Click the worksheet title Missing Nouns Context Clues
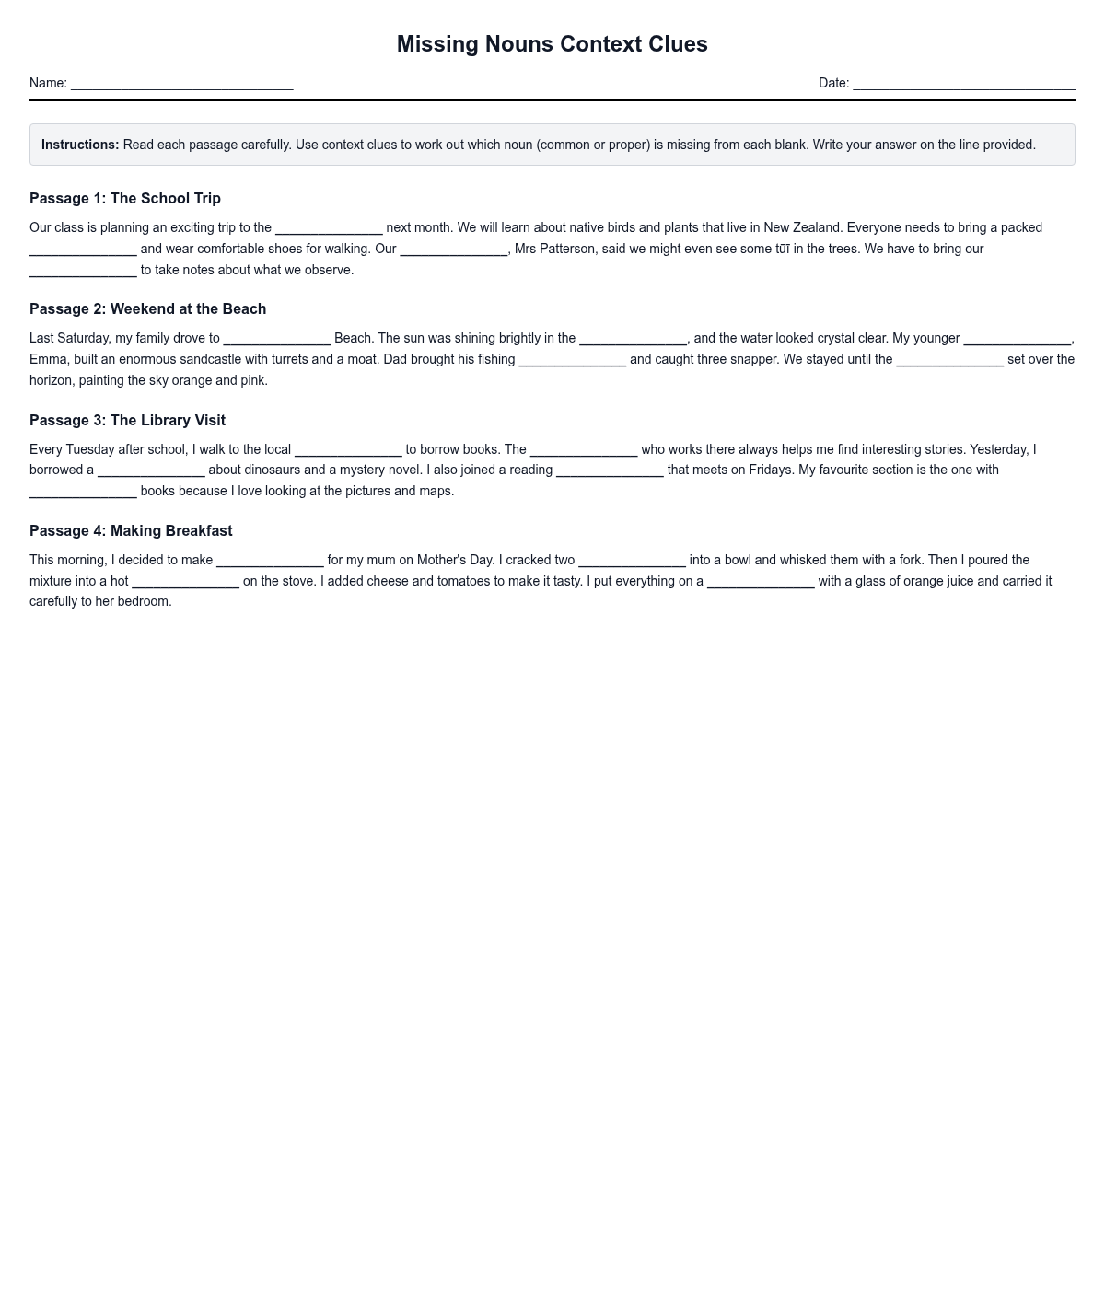[x=552, y=44]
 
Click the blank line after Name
[x=181, y=84]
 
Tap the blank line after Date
[x=963, y=84]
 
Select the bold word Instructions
[x=80, y=145]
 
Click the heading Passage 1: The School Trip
[x=125, y=199]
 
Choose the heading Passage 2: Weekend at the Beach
[x=147, y=309]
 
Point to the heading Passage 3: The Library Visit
[x=127, y=421]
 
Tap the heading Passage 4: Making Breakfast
[x=131, y=531]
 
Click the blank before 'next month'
[x=329, y=228]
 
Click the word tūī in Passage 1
[x=783, y=249]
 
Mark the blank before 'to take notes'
[x=83, y=271]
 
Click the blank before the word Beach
[x=276, y=339]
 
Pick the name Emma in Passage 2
[x=48, y=359]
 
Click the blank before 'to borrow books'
[x=348, y=450]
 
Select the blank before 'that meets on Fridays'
[x=610, y=470]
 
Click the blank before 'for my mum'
[x=270, y=561]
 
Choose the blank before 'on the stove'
[x=185, y=582]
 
